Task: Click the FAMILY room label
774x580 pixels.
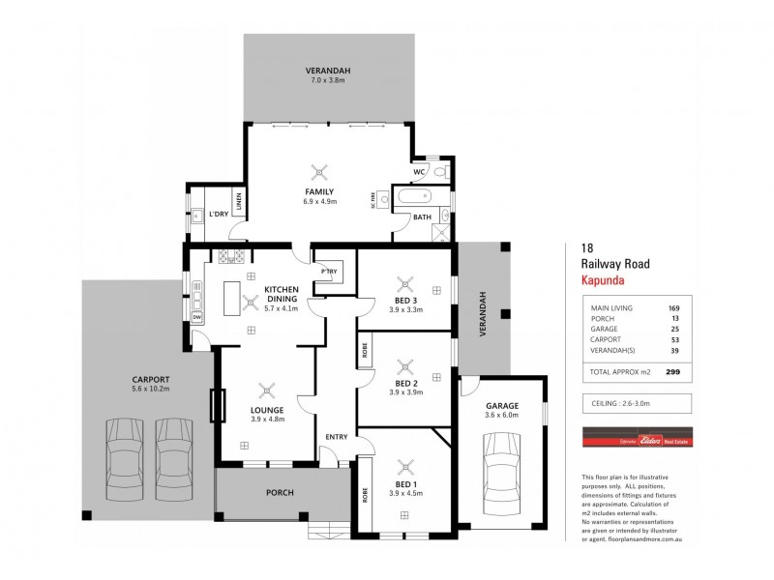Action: (x=319, y=192)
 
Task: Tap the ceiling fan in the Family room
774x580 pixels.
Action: (x=319, y=172)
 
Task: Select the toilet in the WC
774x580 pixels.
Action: (x=439, y=172)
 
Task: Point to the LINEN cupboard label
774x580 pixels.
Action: (x=238, y=204)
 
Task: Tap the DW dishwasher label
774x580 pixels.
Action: (x=196, y=317)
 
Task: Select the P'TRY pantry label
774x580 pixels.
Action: (x=327, y=272)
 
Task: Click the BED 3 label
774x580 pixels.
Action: (x=405, y=300)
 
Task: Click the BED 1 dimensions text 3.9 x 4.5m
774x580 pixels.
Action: (x=405, y=493)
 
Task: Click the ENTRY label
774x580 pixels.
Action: (x=336, y=437)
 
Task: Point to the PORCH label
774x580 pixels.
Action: (x=280, y=492)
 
